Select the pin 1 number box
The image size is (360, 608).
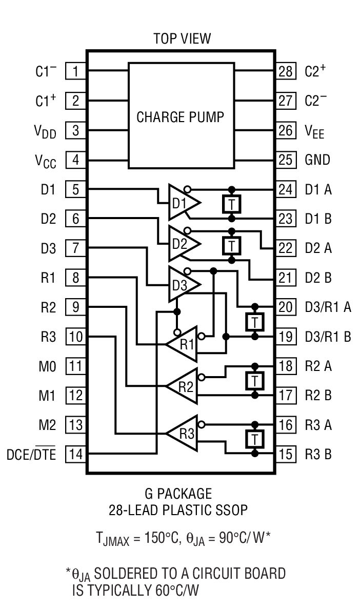point(75,71)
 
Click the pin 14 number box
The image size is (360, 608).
point(75,454)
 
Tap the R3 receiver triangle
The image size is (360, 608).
point(183,433)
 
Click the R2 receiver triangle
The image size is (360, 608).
point(183,386)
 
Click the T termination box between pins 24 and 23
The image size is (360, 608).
point(232,204)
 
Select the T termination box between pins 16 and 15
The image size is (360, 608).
point(254,439)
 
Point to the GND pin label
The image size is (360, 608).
point(317,160)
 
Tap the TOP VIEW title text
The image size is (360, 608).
point(182,38)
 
